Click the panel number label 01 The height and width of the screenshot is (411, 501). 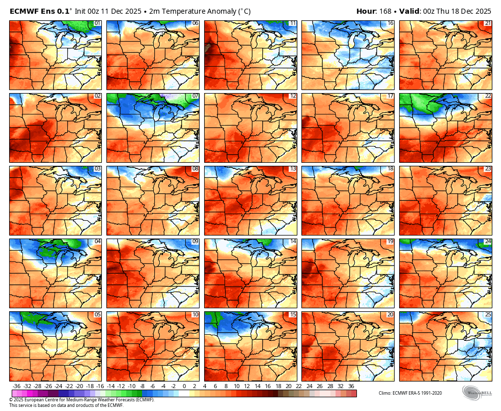pyautogui.click(x=97, y=23)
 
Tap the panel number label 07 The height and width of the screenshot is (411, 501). pyautogui.click(x=195, y=96)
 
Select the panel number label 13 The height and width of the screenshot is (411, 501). pyautogui.click(x=292, y=168)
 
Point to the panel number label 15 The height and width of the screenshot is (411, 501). pyautogui.click(x=292, y=314)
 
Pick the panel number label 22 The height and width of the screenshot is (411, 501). pyautogui.click(x=488, y=96)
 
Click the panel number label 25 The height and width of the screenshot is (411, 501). pyautogui.click(x=488, y=314)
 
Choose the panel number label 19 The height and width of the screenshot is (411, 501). pyautogui.click(x=390, y=241)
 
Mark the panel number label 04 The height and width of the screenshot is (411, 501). pyautogui.click(x=97, y=241)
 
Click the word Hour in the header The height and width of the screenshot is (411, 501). pyautogui.click(x=366, y=11)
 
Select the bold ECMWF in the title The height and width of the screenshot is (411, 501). pyautogui.click(x=24, y=11)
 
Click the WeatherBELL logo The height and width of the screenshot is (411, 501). pyautogui.click(x=477, y=393)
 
